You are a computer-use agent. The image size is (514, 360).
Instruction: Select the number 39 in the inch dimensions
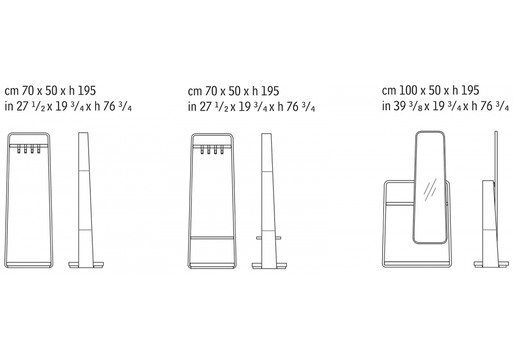coord(399,106)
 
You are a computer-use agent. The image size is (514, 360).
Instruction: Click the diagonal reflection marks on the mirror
coord(430,190)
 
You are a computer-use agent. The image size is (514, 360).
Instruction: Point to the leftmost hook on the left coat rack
coord(19,149)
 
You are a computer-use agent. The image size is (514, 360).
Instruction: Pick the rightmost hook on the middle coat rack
coord(222,150)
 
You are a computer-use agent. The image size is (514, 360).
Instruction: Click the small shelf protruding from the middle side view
coord(268,238)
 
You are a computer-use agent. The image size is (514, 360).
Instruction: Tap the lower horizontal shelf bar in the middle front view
coord(212,237)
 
